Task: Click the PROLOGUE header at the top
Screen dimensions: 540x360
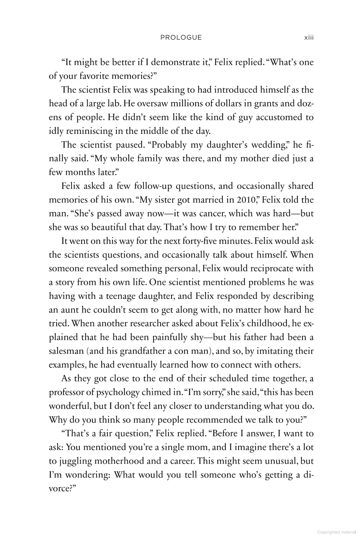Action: point(181,38)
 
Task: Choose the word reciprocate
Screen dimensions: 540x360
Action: point(273,269)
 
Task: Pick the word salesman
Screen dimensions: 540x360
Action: point(66,351)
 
